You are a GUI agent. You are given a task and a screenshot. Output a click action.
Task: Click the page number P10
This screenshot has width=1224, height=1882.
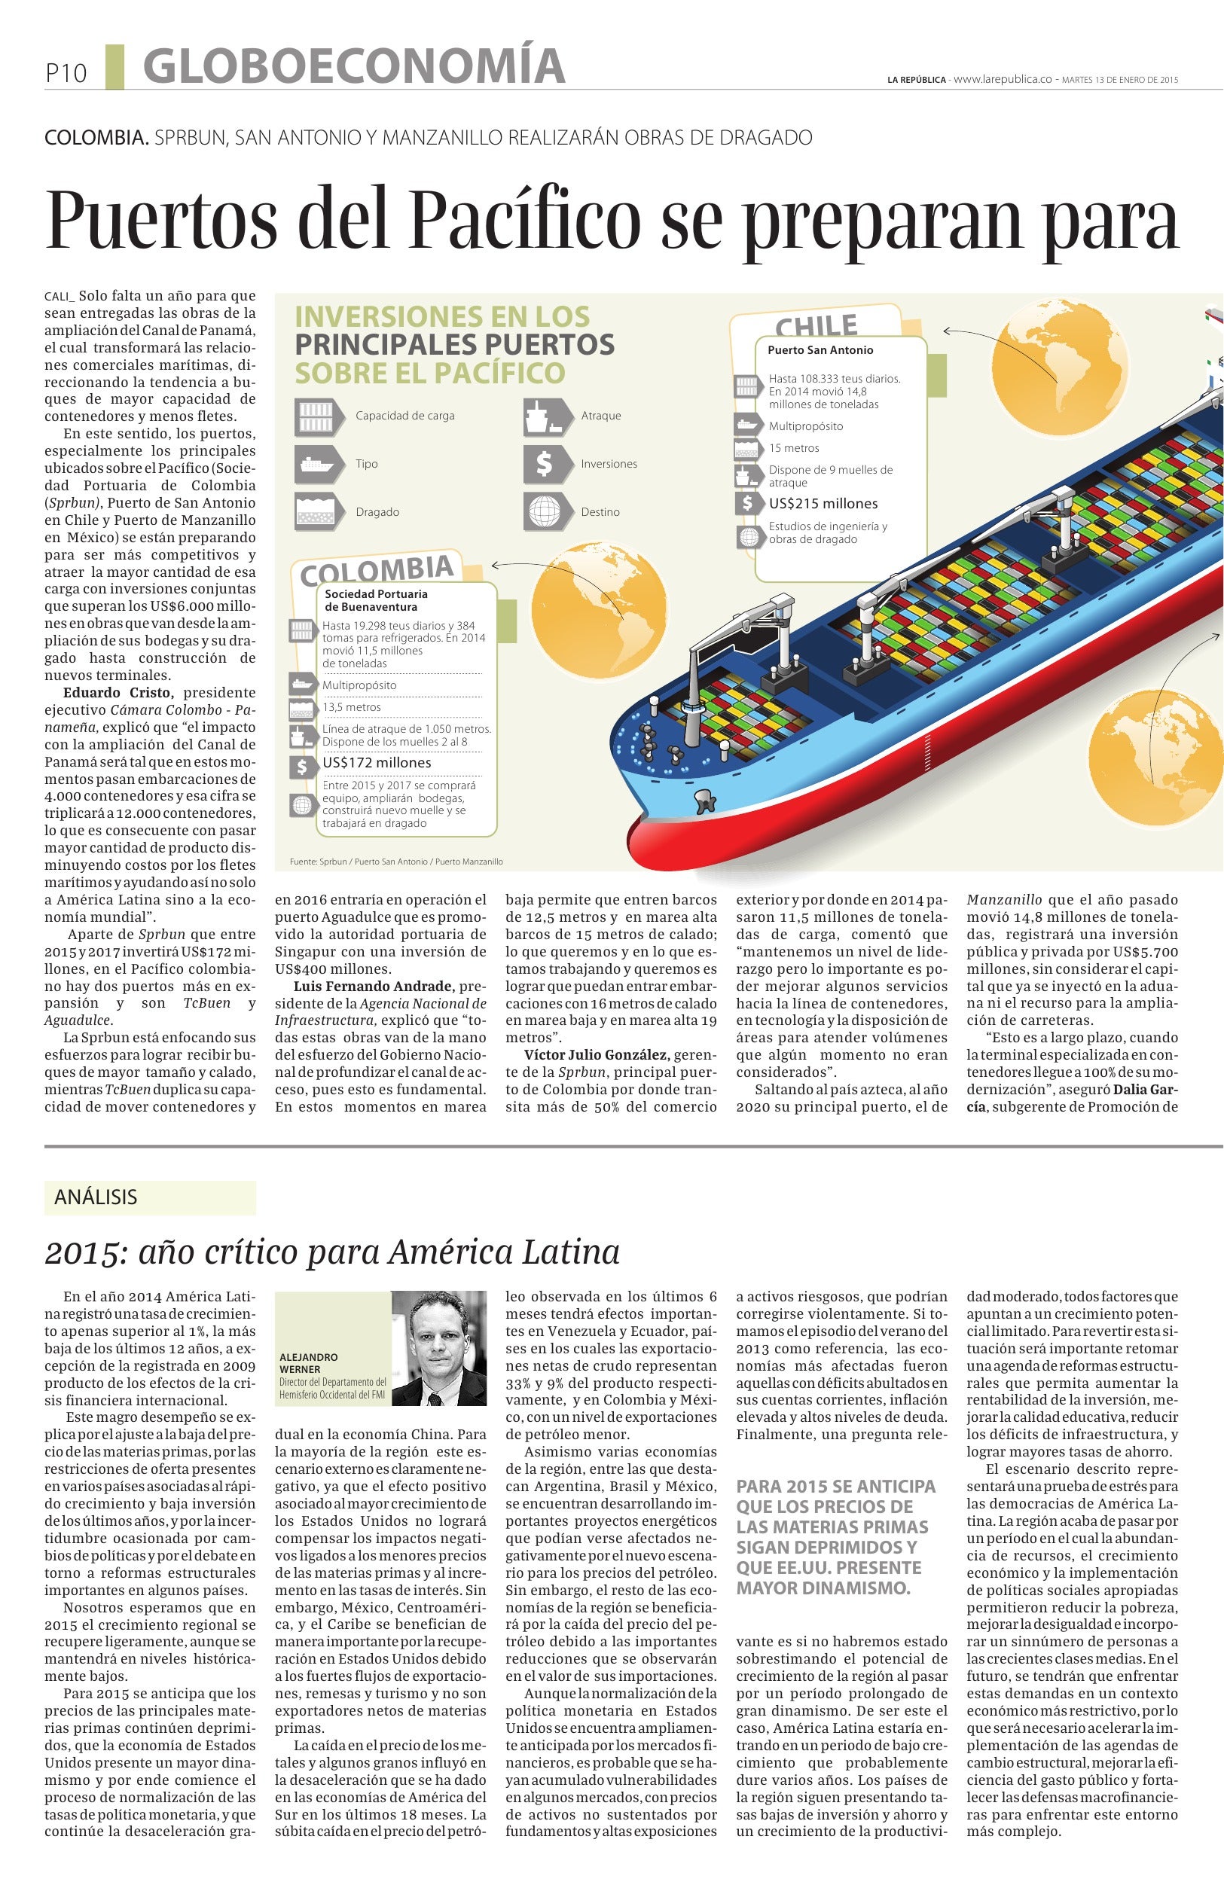(65, 74)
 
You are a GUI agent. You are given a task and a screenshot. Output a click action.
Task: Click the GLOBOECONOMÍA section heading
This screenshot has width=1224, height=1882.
(353, 66)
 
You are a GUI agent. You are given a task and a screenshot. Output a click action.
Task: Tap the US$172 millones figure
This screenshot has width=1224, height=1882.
(377, 763)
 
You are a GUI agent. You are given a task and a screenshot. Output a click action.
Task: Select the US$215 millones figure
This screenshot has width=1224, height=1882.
(823, 504)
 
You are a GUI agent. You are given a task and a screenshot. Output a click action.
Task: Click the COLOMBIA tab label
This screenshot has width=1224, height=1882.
(377, 569)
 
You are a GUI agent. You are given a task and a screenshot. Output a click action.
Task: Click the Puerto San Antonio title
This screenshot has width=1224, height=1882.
(820, 350)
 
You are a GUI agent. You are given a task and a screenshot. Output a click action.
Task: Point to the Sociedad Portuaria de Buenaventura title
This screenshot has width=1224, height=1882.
(376, 600)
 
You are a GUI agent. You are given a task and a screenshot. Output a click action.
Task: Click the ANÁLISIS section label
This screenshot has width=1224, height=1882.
(96, 1197)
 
